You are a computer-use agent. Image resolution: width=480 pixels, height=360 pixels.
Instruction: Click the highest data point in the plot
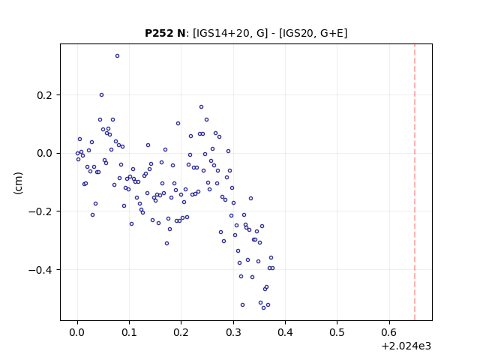[x=117, y=56]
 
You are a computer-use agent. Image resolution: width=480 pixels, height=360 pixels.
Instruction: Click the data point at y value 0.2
[x=102, y=95]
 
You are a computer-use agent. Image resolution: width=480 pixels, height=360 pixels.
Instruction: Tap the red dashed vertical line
[x=415, y=182]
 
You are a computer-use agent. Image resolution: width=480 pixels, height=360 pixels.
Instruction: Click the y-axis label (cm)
[x=18, y=183]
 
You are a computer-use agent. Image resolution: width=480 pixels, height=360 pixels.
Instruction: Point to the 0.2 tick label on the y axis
[x=44, y=95]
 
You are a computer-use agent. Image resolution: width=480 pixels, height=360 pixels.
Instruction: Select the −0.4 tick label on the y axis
[x=40, y=270]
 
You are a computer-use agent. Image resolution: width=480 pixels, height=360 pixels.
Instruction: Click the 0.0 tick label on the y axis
[x=44, y=153]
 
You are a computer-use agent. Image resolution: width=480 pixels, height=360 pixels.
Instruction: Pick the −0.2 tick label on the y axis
[x=40, y=211]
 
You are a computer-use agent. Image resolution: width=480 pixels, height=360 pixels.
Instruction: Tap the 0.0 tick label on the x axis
[x=77, y=332]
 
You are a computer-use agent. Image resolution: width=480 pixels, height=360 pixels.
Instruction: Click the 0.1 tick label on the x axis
[x=129, y=332]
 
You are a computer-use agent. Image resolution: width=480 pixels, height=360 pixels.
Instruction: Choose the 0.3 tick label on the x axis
[x=233, y=332]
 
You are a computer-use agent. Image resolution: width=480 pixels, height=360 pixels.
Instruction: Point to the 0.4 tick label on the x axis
[x=285, y=332]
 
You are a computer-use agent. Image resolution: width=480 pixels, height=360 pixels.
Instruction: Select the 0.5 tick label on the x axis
[x=337, y=332]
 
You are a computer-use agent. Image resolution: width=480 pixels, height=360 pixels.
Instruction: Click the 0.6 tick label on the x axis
[x=389, y=332]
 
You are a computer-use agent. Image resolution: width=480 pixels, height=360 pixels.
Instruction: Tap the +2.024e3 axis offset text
[x=406, y=346]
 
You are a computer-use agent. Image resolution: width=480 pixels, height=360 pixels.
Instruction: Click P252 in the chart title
[x=159, y=33]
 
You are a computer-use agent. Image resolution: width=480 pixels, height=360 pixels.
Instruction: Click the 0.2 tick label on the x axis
[x=181, y=332]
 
